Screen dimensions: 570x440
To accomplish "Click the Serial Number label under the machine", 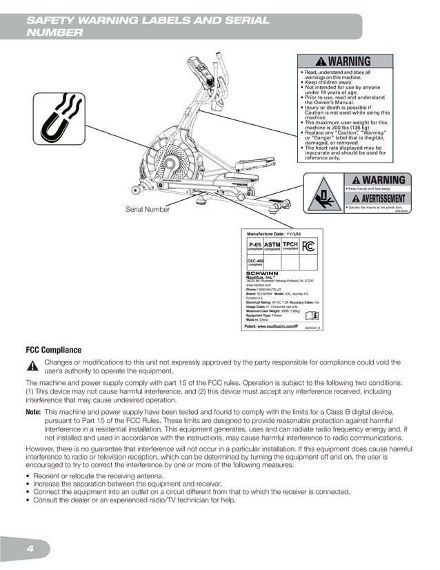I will point(147,209).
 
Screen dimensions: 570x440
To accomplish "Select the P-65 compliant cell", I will point(255,246).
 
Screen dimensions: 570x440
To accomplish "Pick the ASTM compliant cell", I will point(272,246).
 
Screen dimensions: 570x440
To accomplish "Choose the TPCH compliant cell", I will point(290,246).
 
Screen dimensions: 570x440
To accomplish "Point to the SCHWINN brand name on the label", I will point(263,273).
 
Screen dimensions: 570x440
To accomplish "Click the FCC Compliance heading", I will point(54,350).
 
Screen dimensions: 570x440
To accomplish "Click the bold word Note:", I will point(33,412).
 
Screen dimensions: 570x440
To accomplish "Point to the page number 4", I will point(30,549).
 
